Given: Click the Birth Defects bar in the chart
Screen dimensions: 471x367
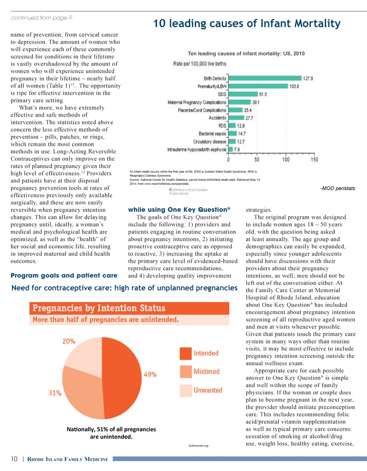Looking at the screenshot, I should (265, 78).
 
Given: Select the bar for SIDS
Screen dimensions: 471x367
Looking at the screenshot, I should (243, 94).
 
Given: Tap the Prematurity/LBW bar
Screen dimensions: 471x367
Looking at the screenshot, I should (258, 86).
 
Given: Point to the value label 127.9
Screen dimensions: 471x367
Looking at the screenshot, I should (308, 78).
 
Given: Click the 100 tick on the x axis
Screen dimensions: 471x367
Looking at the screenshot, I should (286, 160).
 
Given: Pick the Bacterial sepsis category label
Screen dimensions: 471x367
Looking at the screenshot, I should (213, 134).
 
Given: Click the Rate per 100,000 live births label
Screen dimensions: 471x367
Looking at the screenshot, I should (200, 64).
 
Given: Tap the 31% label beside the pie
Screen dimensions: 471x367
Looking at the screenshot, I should (55, 393).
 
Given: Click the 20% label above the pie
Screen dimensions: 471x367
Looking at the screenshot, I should (69, 341).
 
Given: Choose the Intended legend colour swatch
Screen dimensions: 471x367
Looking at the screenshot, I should (186, 353).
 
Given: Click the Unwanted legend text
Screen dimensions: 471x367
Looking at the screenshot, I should (208, 390).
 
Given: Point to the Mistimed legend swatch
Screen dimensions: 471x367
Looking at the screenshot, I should (186, 372).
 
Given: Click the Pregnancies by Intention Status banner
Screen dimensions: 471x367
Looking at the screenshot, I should (129, 308).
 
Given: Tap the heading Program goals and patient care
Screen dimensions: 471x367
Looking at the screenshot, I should (64, 276).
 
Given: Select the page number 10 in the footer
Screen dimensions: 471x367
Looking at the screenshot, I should (14, 459).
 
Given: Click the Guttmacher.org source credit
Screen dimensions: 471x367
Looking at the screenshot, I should (199, 446).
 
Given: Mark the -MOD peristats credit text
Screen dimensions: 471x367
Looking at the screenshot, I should (338, 188).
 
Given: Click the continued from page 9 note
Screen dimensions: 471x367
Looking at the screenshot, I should (42, 18).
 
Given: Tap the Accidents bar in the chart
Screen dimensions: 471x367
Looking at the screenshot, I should (236, 118).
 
